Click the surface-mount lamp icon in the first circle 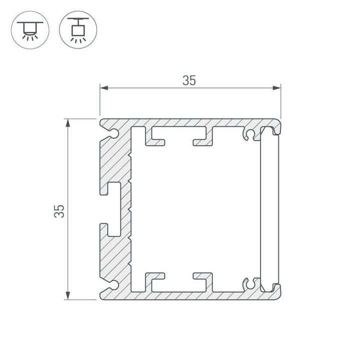click(30, 29)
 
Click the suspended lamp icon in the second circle click(77, 29)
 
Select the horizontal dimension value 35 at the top click(189, 80)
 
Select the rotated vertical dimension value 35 click(59, 210)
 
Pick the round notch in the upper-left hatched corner click(114, 133)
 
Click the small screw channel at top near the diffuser click(248, 135)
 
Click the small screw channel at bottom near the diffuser click(248, 283)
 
